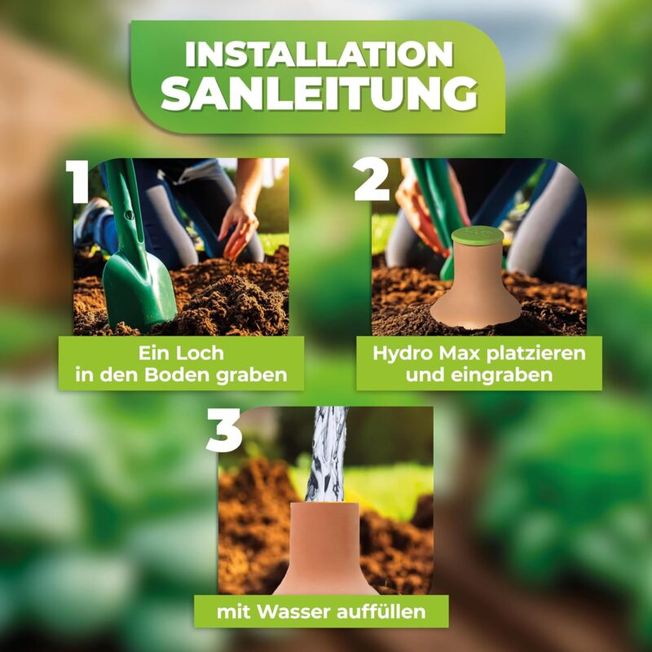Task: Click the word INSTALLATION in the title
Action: [x=319, y=54]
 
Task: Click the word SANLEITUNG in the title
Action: [x=319, y=95]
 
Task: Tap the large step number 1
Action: [x=77, y=182]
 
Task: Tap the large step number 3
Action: [x=223, y=430]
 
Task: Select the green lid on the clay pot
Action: [x=478, y=235]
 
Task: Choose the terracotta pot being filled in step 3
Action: [x=324, y=548]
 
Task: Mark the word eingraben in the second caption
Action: [x=502, y=377]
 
